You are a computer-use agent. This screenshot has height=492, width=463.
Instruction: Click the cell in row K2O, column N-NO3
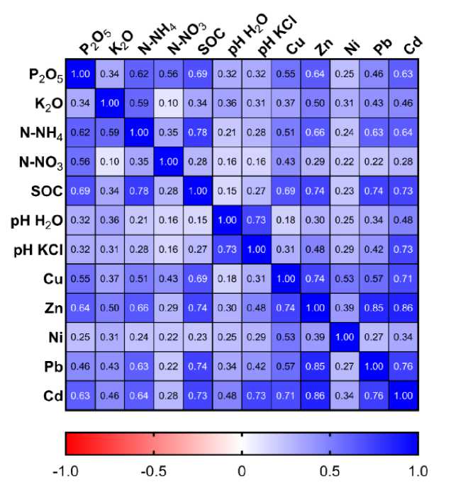click(169, 103)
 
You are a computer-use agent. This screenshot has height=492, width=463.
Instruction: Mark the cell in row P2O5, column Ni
click(345, 73)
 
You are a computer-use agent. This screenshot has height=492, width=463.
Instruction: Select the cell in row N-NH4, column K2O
click(111, 132)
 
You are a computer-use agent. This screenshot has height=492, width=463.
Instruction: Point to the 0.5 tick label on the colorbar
click(330, 471)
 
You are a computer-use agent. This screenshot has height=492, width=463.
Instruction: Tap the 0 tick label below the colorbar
click(241, 471)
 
